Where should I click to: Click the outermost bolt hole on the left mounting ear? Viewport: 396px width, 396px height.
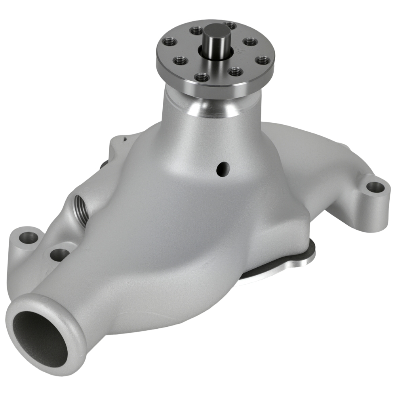point(29,238)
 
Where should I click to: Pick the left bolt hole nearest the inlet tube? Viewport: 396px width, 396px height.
point(59,254)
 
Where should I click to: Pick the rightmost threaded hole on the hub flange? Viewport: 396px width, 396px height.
point(263,61)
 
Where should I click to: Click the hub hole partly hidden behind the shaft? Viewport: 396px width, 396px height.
point(229,25)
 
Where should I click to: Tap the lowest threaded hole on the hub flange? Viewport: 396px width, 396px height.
point(202,78)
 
